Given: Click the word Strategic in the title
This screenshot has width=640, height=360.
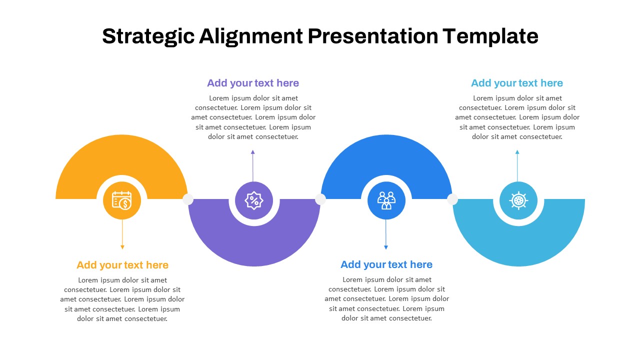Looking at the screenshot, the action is coord(148,36).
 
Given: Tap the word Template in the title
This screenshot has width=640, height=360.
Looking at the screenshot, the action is coord(490,36).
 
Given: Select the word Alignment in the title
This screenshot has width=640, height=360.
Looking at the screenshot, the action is coord(251,36).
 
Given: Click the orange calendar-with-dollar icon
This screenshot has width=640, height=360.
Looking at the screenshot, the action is coord(122,200).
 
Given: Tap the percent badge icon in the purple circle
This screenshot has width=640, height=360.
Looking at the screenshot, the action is coord(253,200).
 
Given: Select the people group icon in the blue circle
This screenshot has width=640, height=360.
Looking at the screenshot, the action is coord(386,200).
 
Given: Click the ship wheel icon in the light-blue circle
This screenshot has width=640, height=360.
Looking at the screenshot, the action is coord(518,200).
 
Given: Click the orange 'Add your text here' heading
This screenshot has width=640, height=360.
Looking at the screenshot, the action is coord(122,265).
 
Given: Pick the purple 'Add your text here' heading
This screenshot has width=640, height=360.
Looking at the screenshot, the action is coord(253,83).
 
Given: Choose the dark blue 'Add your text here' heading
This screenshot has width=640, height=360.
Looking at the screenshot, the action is coord(386,264).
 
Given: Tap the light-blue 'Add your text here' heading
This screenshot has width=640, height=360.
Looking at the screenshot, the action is coord(517,83).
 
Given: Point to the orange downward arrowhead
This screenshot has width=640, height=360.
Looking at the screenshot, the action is coord(122,247).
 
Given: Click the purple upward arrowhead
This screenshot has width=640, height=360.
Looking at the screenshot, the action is coord(253,152).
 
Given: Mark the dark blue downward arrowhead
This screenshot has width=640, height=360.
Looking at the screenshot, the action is coord(386,247).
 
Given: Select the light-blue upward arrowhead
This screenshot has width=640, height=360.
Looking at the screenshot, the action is coord(517,152).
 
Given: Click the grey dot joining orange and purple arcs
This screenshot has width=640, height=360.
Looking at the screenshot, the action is coord(187,199).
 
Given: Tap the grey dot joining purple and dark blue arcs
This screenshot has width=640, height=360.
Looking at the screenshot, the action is coord(320,199).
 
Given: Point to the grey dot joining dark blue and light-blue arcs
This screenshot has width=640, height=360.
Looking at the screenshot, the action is coord(452,199).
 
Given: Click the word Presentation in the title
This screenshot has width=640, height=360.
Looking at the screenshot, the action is coord(373,36).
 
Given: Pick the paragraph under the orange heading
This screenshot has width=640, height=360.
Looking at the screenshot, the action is coord(122,299).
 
